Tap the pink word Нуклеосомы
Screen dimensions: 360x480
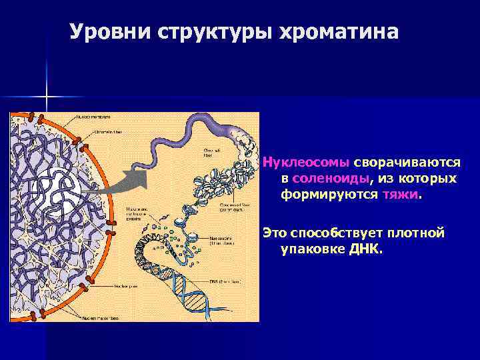pos(307,162)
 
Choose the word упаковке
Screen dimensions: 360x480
pos(312,249)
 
